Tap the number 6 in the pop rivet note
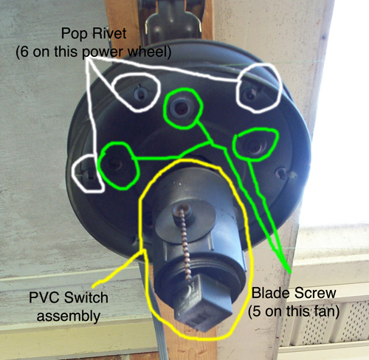pos(24,52)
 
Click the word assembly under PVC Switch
pos(69,316)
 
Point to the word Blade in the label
pos(271,293)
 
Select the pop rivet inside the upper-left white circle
pos(141,94)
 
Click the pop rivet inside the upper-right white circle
pos(250,94)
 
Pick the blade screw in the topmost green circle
pos(182,108)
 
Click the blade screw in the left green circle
pos(115,164)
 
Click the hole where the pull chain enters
pos(182,210)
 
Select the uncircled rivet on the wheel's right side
pos(282,173)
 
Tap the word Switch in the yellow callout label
pos(86,297)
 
